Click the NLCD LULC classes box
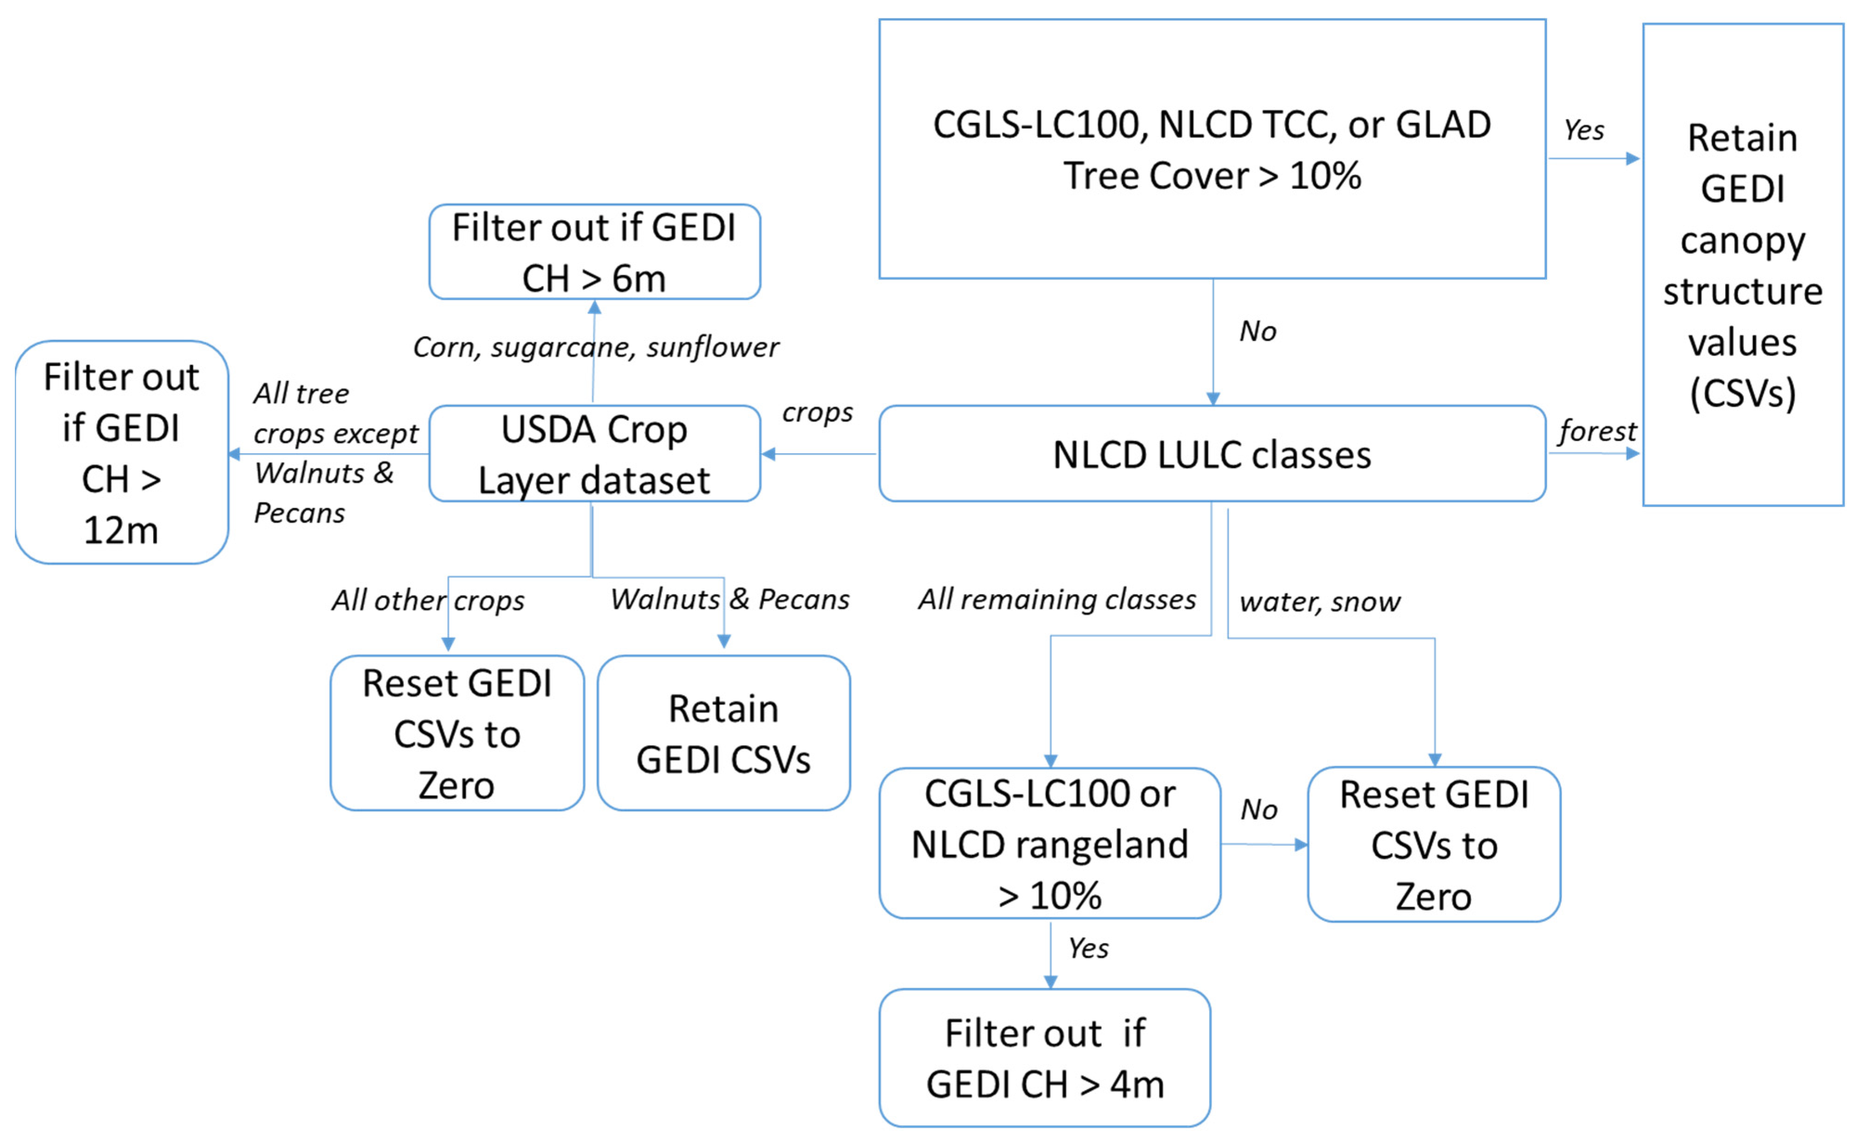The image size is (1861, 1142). (x=1212, y=454)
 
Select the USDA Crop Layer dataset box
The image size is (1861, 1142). (x=594, y=454)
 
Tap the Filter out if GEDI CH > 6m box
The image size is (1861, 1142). (x=594, y=252)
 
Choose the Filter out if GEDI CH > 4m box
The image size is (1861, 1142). (x=1045, y=1058)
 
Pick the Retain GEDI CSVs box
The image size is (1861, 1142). (x=724, y=733)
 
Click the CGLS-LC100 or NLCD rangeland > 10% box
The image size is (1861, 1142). (x=1050, y=844)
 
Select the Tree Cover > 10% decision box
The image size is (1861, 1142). (x=1212, y=149)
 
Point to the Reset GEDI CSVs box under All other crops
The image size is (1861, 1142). (x=457, y=733)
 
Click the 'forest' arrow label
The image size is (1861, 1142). (x=1597, y=431)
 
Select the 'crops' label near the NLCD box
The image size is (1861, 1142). (x=817, y=412)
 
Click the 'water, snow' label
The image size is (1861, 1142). (x=1320, y=602)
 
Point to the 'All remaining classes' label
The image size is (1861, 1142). (x=1057, y=600)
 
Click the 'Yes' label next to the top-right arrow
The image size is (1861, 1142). (x=1584, y=130)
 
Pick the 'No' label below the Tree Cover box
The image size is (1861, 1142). (x=1258, y=332)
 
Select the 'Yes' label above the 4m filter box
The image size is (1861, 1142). (x=1088, y=949)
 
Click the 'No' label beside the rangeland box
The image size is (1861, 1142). (x=1258, y=810)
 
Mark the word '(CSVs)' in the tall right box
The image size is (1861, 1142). (x=1742, y=393)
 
